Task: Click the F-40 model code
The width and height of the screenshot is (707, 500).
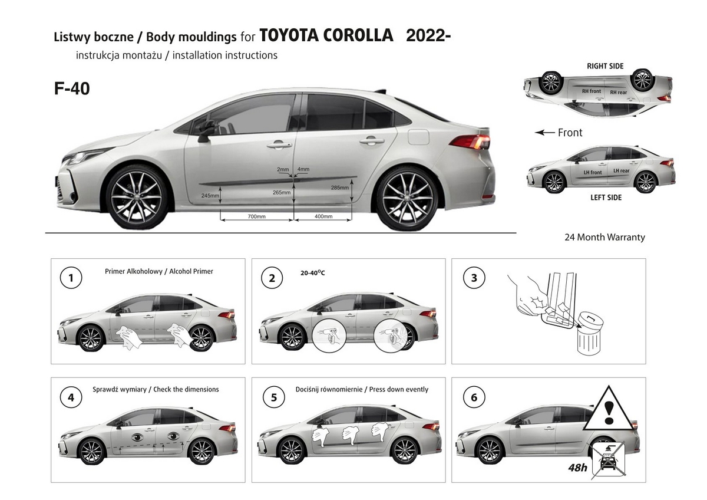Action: click(x=72, y=88)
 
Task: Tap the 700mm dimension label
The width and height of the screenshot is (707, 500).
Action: click(x=256, y=216)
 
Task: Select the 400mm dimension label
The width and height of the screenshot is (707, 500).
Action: click(x=323, y=216)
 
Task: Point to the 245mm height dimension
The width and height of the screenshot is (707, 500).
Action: click(x=210, y=195)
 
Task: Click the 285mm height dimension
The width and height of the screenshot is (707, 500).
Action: click(x=339, y=187)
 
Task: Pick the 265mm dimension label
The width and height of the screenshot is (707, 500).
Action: click(x=282, y=192)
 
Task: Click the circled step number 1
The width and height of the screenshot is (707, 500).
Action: click(x=71, y=278)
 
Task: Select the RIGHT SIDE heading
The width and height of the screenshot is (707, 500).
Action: click(x=605, y=66)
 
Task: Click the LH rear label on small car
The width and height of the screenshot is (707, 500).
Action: click(x=621, y=171)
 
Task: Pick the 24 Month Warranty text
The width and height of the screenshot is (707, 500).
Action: click(x=604, y=237)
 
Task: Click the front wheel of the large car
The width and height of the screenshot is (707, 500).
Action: click(x=138, y=196)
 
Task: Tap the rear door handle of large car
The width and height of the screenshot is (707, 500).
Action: click(x=371, y=142)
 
